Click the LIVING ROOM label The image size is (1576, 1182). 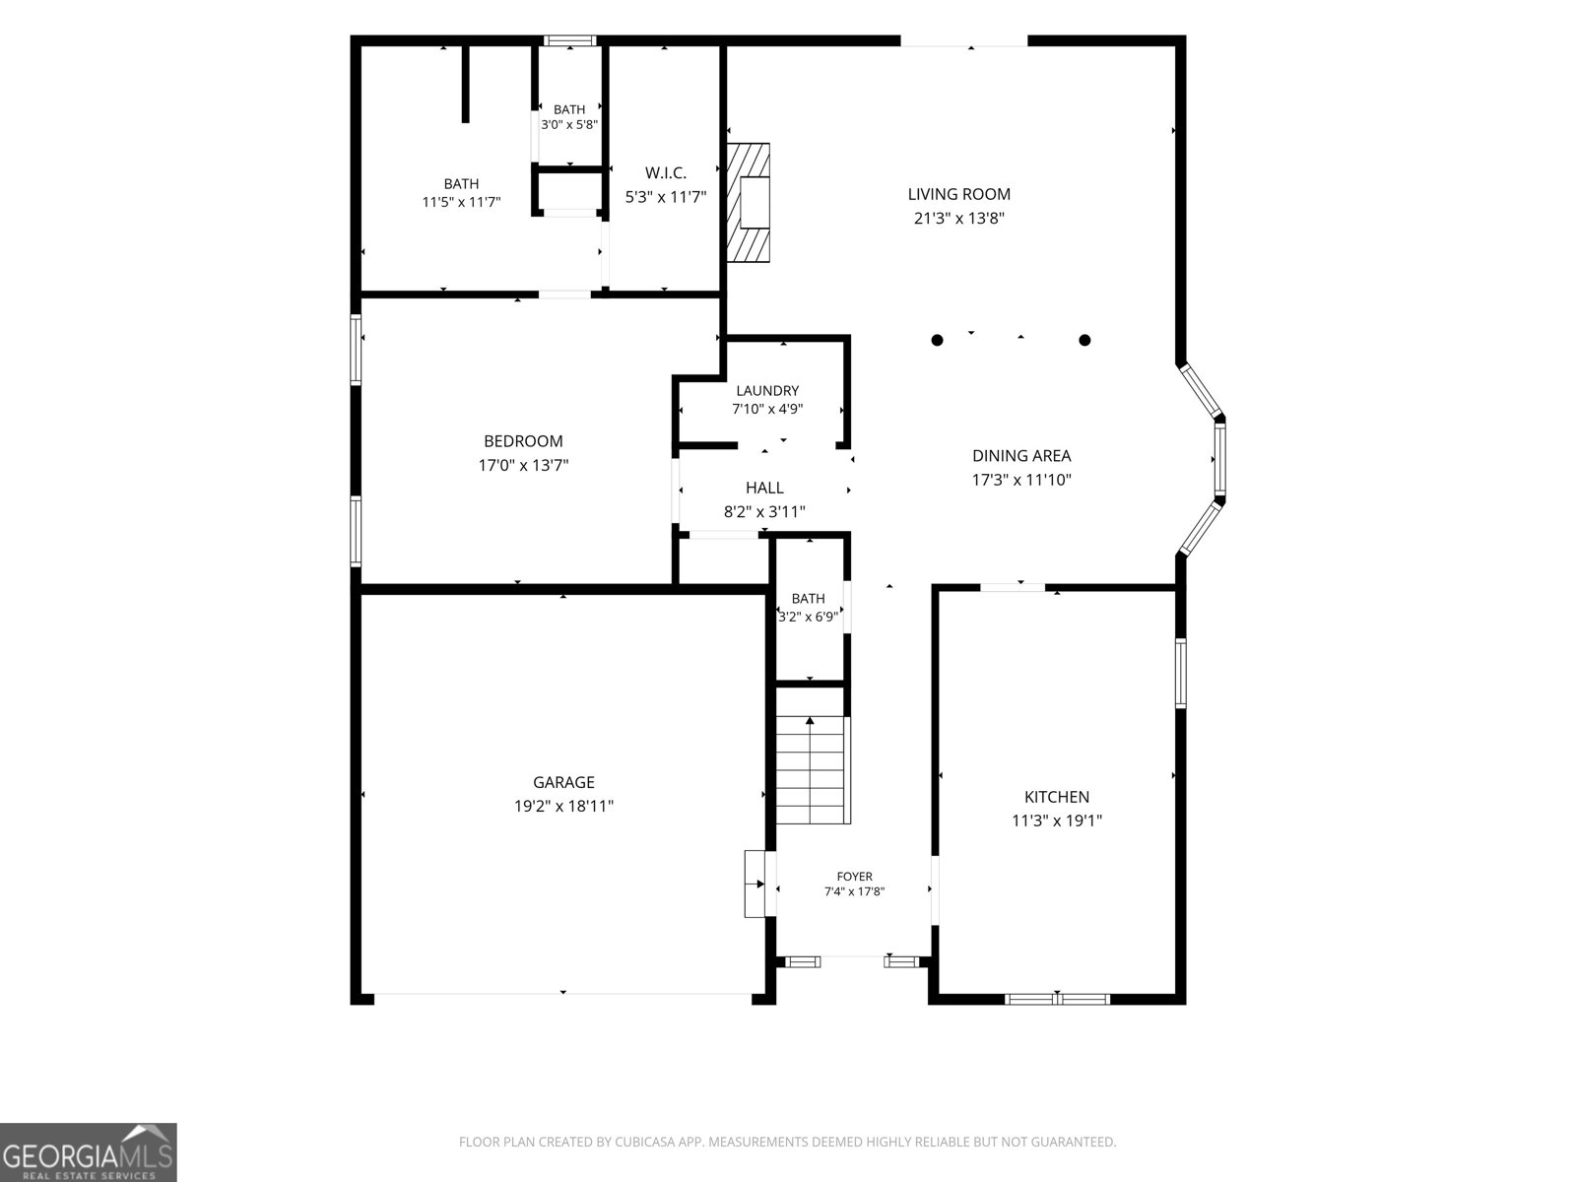click(x=958, y=194)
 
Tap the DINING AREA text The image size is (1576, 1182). click(x=1021, y=456)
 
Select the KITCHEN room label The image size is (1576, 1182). click(x=1056, y=797)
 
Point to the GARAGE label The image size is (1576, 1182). click(x=563, y=782)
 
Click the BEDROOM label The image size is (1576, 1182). click(x=523, y=441)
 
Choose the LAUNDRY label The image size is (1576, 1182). click(x=766, y=391)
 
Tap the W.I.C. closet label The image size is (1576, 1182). click(x=666, y=173)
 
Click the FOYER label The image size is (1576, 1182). click(x=854, y=877)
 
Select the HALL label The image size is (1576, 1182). click(x=764, y=488)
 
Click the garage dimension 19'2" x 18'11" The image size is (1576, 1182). click(x=563, y=806)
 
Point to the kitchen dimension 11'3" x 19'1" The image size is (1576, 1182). click(x=1056, y=821)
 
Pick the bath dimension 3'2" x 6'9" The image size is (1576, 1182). click(x=809, y=617)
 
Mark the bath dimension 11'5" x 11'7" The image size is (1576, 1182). click(x=461, y=202)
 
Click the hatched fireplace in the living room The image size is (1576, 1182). click(x=749, y=203)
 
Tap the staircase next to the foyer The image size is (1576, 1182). click(x=813, y=770)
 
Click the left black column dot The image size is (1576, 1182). click(x=937, y=340)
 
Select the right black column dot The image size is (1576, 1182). click(x=1084, y=340)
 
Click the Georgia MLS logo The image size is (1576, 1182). click(x=89, y=1152)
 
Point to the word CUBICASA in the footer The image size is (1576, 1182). click(x=645, y=1142)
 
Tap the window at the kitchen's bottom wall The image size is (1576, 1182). click(x=1057, y=999)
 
